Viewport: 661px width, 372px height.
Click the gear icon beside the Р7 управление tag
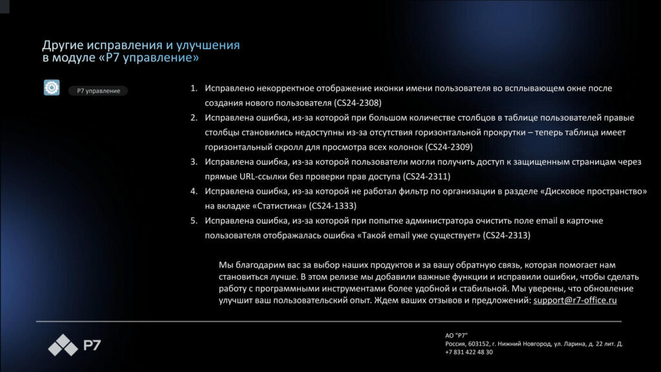click(x=52, y=88)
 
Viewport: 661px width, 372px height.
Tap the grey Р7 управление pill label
click(x=98, y=91)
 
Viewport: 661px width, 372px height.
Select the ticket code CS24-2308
click(x=359, y=103)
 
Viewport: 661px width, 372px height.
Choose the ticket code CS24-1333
click(x=332, y=206)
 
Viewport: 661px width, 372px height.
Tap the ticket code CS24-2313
click(x=506, y=236)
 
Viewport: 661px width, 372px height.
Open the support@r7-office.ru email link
click(x=575, y=300)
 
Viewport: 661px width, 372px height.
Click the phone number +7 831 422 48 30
click(x=469, y=352)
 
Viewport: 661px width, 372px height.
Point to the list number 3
click(x=193, y=161)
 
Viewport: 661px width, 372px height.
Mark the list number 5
click(x=193, y=221)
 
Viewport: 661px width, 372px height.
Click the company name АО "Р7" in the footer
click(x=456, y=335)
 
